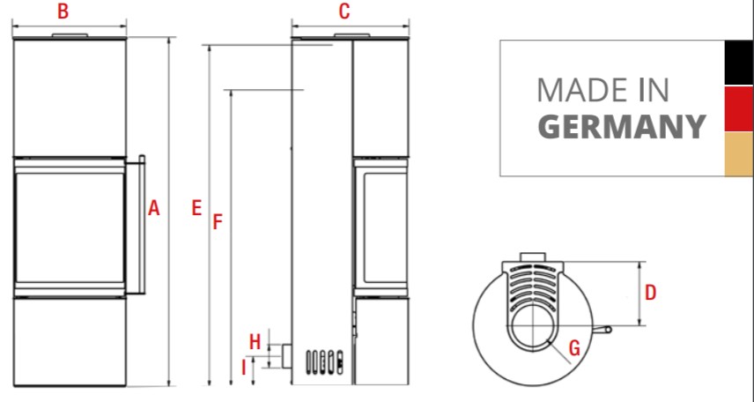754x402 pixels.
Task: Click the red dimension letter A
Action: (153, 208)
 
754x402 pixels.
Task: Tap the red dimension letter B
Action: (63, 11)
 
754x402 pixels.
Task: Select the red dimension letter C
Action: (344, 11)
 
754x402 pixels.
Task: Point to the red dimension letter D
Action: (650, 292)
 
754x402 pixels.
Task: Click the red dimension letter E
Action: (196, 208)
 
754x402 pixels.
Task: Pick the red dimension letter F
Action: (218, 222)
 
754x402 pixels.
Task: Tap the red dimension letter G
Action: (574, 347)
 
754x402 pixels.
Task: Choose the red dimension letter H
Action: (255, 342)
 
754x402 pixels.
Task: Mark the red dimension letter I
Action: (244, 368)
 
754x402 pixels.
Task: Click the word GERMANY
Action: (621, 127)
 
